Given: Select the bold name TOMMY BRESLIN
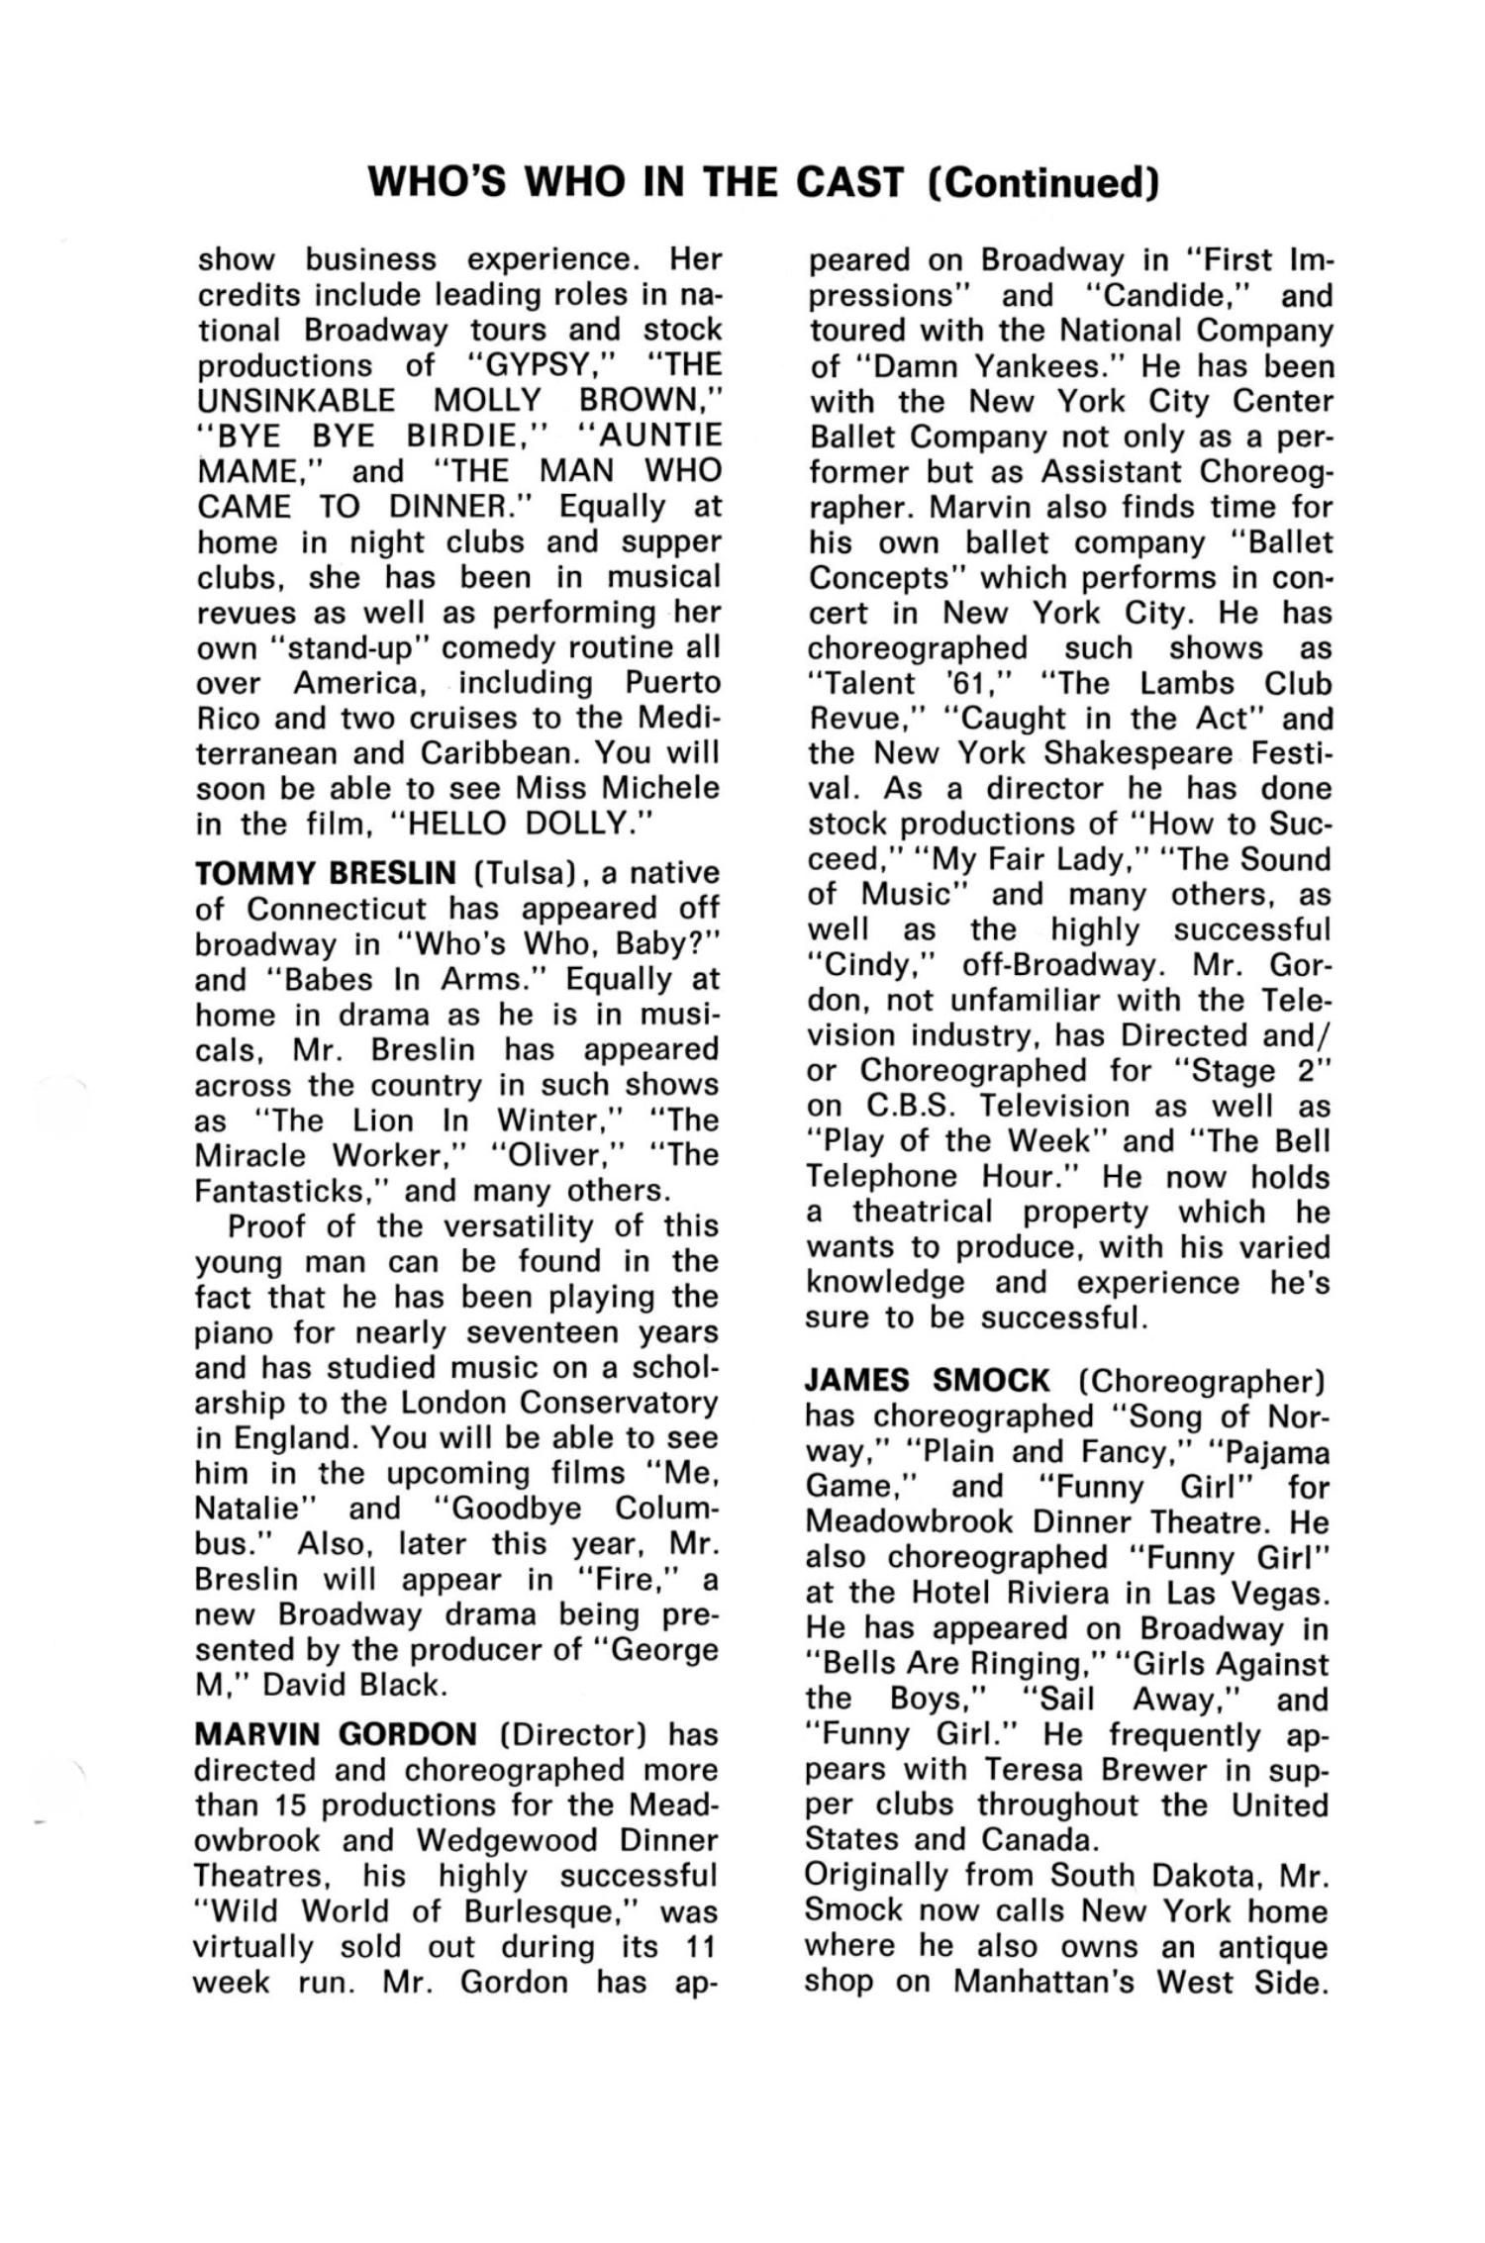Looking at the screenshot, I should pos(326,873).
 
